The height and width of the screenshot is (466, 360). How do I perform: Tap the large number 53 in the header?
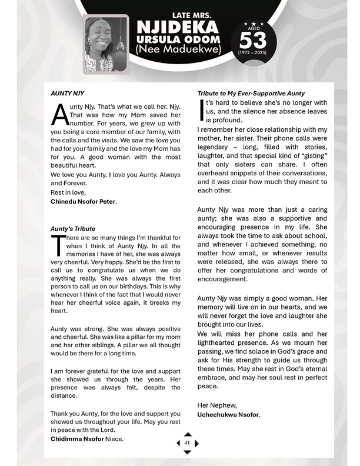click(x=252, y=39)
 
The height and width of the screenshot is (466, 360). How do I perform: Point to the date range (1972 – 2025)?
click(x=252, y=53)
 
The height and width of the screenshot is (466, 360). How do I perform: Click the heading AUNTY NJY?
click(x=68, y=93)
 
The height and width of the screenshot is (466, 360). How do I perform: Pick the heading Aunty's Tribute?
click(x=73, y=228)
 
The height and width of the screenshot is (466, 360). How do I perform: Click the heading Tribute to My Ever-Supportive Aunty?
click(x=251, y=93)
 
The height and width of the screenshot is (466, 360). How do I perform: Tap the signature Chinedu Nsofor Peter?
click(x=84, y=202)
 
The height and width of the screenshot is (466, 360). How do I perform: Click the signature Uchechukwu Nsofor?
click(x=229, y=415)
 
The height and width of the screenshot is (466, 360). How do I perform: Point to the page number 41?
click(x=188, y=443)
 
